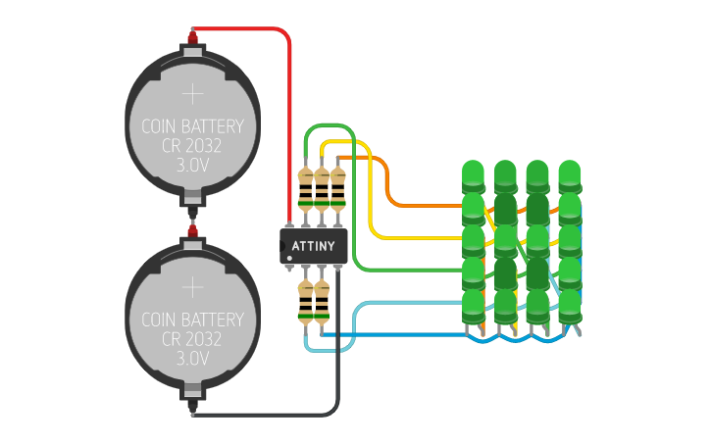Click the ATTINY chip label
[314, 245]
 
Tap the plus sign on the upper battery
[193, 95]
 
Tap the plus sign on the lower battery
[193, 287]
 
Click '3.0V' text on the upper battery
[193, 166]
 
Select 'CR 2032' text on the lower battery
[193, 339]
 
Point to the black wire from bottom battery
[265, 413]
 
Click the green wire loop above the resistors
[329, 125]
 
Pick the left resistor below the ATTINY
[304, 301]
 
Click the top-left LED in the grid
[474, 176]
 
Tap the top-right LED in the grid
[570, 176]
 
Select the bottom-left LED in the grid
[474, 306]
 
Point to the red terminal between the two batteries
[193, 230]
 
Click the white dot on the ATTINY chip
[290, 259]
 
